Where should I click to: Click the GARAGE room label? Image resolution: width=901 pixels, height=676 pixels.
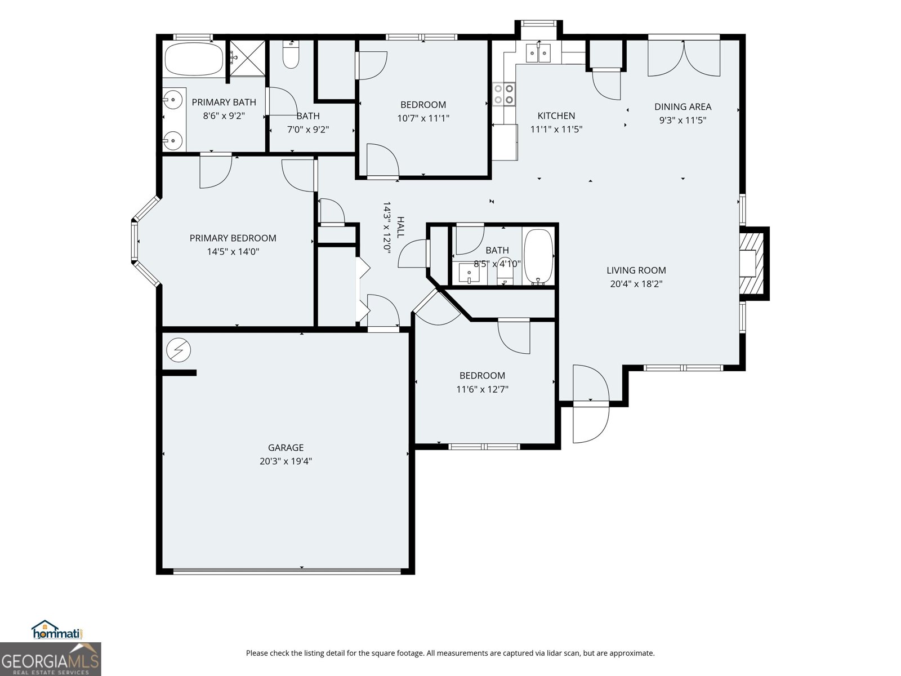click(x=286, y=447)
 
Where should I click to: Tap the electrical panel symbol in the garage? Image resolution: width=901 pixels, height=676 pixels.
click(x=179, y=350)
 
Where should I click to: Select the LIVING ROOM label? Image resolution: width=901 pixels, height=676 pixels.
click(x=636, y=270)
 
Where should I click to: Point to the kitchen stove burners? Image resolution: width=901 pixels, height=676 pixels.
click(x=504, y=94)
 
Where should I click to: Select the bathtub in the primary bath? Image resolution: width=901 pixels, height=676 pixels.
click(x=194, y=60)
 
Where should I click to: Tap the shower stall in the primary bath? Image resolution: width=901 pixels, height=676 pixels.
click(x=247, y=58)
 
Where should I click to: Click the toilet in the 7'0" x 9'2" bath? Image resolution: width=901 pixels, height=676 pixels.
click(x=291, y=55)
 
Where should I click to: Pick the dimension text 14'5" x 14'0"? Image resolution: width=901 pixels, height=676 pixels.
click(x=233, y=252)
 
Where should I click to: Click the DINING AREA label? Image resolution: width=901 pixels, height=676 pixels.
click(x=683, y=106)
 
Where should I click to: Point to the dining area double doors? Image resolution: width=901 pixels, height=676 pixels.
click(x=684, y=58)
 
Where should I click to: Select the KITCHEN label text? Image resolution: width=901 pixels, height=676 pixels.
click(x=556, y=115)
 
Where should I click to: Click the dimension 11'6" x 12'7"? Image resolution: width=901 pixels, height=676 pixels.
click(x=482, y=389)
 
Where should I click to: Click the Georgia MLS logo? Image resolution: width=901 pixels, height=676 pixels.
click(x=50, y=659)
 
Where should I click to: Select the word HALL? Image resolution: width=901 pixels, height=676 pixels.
click(x=400, y=227)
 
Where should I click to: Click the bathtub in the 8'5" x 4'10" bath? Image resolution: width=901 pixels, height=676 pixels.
click(x=539, y=257)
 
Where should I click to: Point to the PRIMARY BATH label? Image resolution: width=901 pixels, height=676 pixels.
click(x=224, y=102)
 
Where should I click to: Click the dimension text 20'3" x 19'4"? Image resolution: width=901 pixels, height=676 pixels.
click(x=286, y=461)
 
